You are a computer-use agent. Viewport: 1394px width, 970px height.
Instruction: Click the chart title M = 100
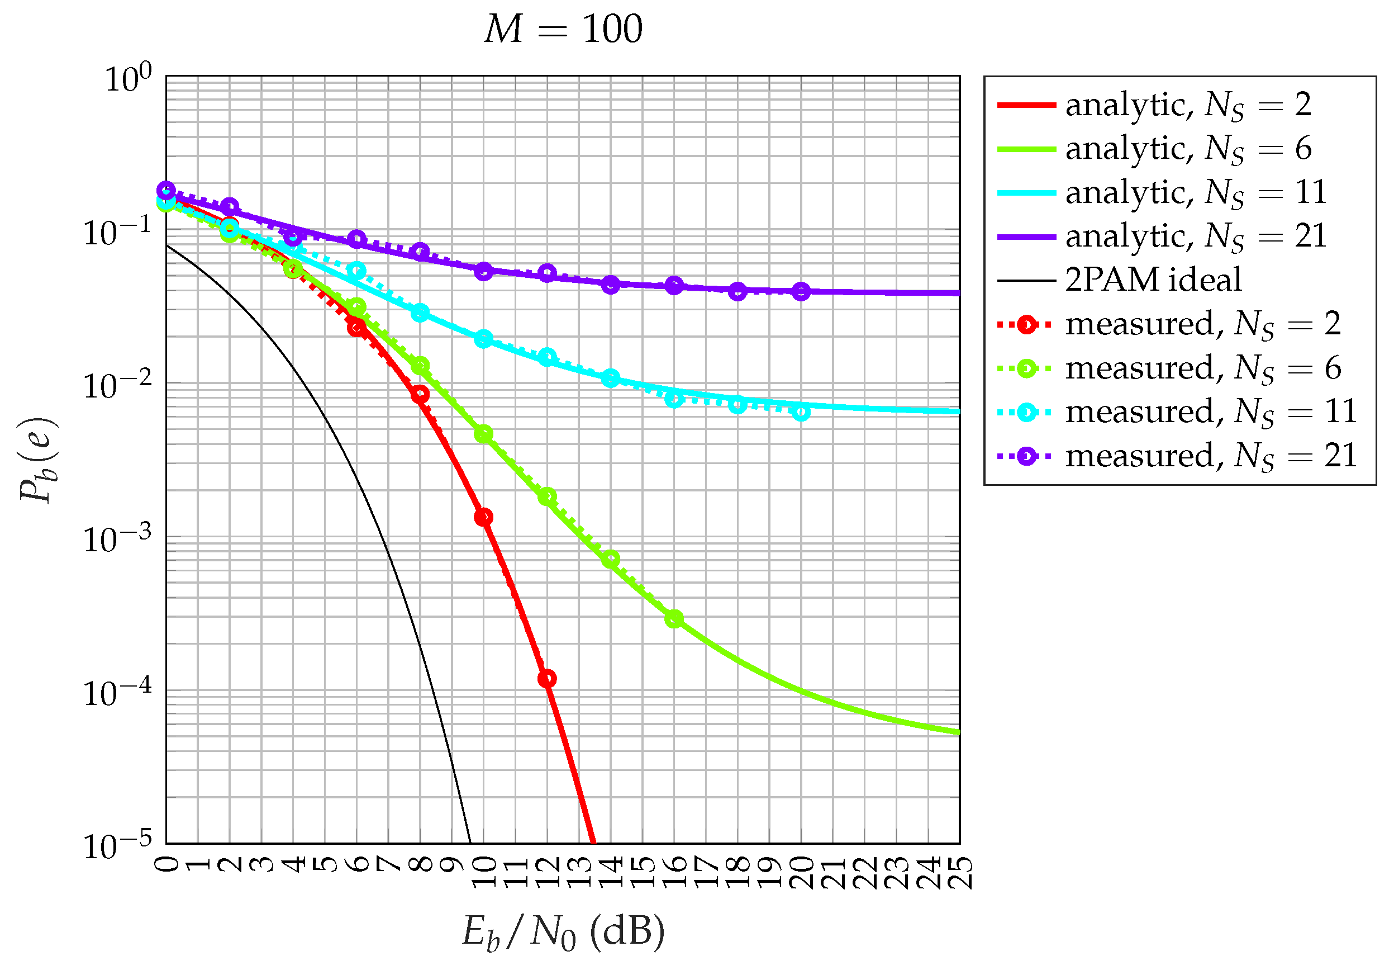pyautogui.click(x=563, y=29)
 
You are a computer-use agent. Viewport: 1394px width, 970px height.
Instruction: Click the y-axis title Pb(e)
pyautogui.click(x=37, y=459)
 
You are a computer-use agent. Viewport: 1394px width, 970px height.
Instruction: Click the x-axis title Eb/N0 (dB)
pyautogui.click(x=563, y=930)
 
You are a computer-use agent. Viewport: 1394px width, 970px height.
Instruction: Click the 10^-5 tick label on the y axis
pyautogui.click(x=118, y=846)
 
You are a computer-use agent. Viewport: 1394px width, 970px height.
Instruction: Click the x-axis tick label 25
pyautogui.click(x=960, y=872)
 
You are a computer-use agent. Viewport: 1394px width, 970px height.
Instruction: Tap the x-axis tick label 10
pyautogui.click(x=484, y=872)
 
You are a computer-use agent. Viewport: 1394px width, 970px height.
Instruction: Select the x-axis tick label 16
pyautogui.click(x=674, y=872)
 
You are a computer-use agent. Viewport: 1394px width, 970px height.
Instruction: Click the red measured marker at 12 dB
pyautogui.click(x=547, y=679)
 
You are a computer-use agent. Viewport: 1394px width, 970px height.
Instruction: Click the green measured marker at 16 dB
pyautogui.click(x=674, y=619)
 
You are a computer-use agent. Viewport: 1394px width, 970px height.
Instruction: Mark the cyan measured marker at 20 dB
pyautogui.click(x=801, y=413)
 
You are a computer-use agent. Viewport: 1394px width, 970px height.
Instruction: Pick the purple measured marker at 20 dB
pyautogui.click(x=801, y=291)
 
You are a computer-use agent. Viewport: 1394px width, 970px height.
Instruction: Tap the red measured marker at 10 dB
pyautogui.click(x=483, y=518)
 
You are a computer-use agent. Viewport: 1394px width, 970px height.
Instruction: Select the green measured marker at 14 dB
pyautogui.click(x=610, y=559)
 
